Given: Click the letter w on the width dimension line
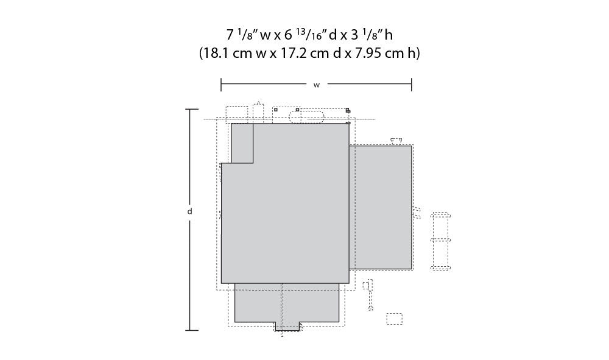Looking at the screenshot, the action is coord(317,85).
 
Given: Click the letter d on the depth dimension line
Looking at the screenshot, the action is coord(190,211).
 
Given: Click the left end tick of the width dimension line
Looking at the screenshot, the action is coord(221,84).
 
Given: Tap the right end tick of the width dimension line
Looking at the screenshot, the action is coord(412,84).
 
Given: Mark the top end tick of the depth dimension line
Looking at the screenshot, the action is coord(191,110).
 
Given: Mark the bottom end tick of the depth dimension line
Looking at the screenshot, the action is coord(191,331).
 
